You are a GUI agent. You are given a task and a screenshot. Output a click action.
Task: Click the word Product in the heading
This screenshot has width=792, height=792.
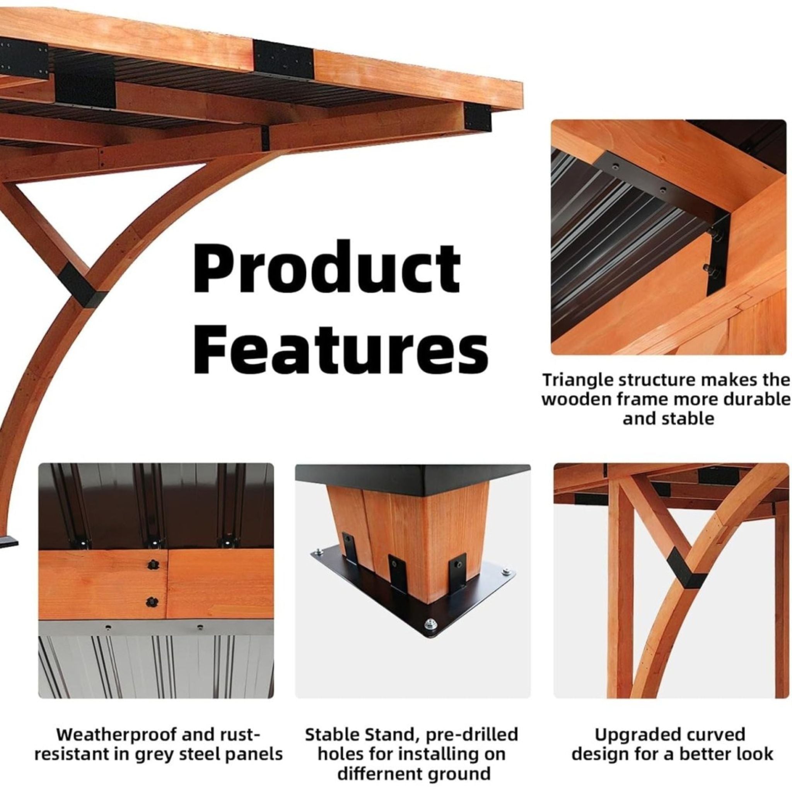(327, 267)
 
